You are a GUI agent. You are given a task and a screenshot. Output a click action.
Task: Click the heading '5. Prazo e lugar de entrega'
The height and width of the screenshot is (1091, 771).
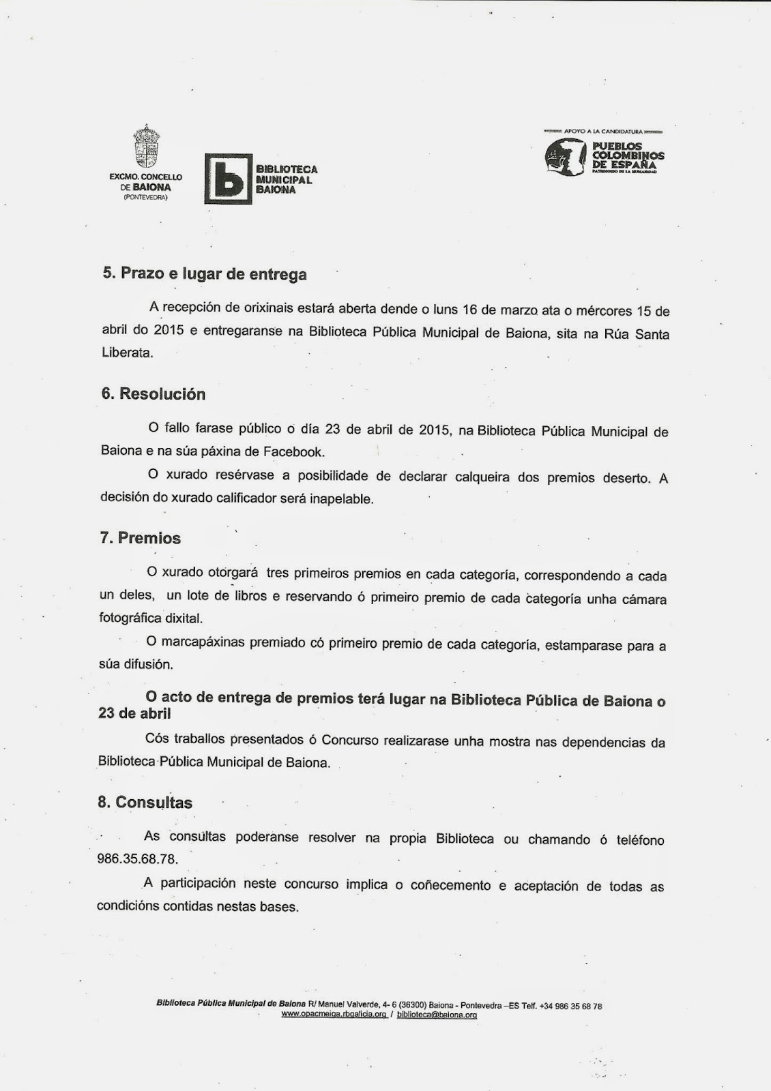pyautogui.click(x=204, y=274)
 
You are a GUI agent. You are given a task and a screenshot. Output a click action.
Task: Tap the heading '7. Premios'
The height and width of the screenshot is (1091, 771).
pyautogui.click(x=140, y=538)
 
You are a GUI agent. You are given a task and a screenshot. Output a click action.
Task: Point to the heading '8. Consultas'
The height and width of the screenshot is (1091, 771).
pyautogui.click(x=145, y=803)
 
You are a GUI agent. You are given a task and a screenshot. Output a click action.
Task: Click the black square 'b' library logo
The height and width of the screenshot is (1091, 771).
pyautogui.click(x=228, y=179)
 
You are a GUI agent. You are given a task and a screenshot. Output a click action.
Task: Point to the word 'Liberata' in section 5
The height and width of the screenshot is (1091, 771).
pyautogui.click(x=128, y=353)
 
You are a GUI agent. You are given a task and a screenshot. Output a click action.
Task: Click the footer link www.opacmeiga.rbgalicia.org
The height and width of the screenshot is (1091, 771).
pyautogui.click(x=334, y=1015)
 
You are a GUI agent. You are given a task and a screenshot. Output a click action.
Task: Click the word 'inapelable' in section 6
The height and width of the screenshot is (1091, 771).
pyautogui.click(x=342, y=498)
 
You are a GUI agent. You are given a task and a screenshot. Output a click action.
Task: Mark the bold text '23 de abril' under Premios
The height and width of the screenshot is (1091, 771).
pyautogui.click(x=134, y=713)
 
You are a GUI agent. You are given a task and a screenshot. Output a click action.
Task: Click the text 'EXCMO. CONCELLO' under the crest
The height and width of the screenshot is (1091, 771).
pyautogui.click(x=145, y=177)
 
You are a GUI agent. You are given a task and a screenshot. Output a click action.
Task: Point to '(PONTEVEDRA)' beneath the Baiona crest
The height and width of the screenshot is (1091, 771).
pyautogui.click(x=145, y=197)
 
